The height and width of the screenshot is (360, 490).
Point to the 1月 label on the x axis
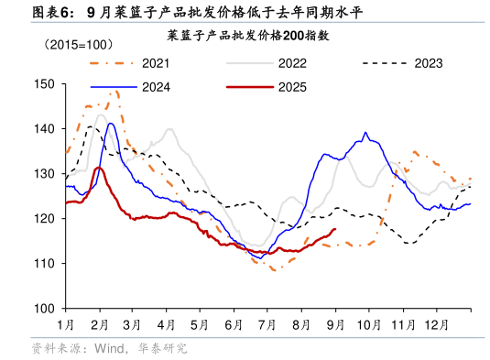point(65,324)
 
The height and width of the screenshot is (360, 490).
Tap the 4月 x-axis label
point(166,324)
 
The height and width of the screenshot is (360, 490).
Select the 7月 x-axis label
point(267,324)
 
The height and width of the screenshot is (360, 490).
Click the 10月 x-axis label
point(368,324)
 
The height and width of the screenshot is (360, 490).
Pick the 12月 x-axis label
point(436,324)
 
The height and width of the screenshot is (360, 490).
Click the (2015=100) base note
point(76,44)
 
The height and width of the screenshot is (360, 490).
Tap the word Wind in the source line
point(109,349)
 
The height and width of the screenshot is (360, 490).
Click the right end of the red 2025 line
point(335,229)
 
